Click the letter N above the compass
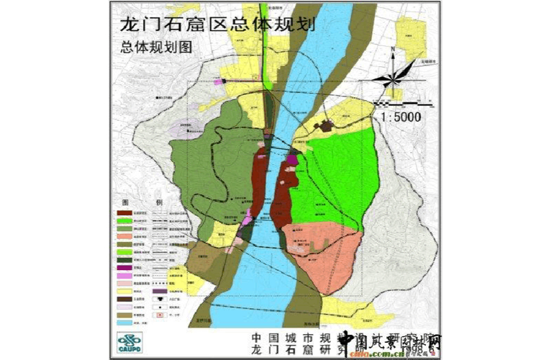[x=393, y=52]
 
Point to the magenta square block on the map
[x=291, y=159]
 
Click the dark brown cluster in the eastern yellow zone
[x=326, y=127]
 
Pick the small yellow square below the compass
[x=393, y=93]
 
